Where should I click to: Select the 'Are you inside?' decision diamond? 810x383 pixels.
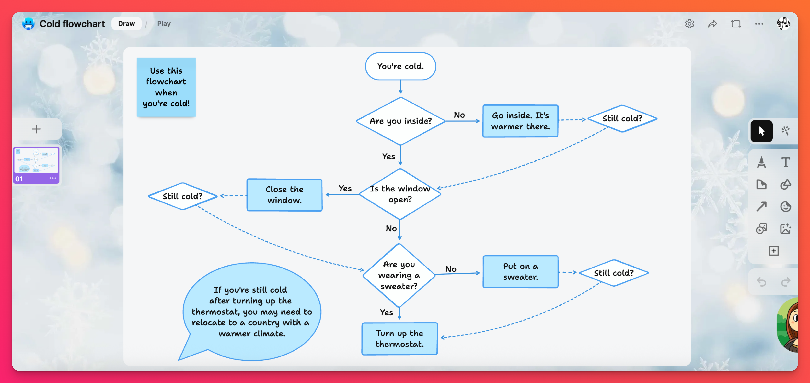click(x=400, y=121)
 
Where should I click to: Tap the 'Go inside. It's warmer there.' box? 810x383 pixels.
click(x=520, y=121)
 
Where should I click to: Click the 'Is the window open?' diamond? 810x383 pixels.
click(x=400, y=194)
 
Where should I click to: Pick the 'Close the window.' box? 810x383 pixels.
click(x=284, y=195)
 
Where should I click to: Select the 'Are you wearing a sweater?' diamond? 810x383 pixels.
click(x=399, y=275)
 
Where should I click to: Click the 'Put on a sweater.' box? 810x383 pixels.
click(x=520, y=271)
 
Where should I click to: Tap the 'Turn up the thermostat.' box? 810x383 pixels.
click(x=399, y=339)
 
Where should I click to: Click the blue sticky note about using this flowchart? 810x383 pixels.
click(x=166, y=87)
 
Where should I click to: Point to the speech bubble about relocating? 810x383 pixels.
click(x=252, y=311)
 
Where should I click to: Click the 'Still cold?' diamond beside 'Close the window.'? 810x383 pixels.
click(x=182, y=196)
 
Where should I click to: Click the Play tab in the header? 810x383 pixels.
click(x=164, y=24)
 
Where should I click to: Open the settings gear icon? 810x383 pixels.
click(x=689, y=24)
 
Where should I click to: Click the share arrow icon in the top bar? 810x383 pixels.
click(x=712, y=24)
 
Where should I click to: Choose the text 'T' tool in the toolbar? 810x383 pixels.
click(x=785, y=162)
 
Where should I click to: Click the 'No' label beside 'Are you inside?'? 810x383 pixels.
click(x=459, y=115)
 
